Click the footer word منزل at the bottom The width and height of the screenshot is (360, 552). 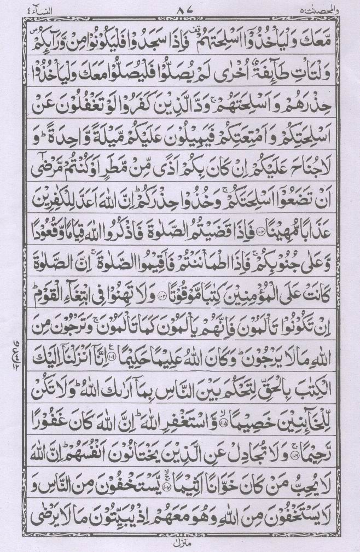(180, 543)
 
